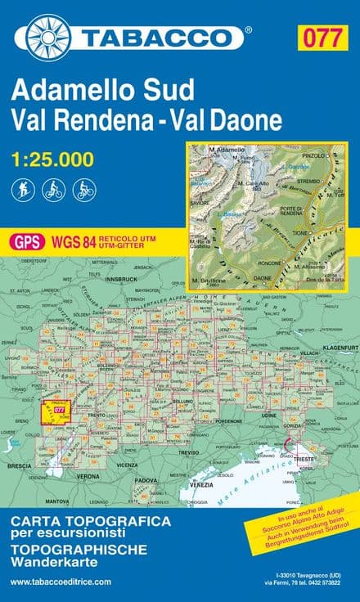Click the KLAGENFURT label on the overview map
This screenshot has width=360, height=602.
pos(341,348)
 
